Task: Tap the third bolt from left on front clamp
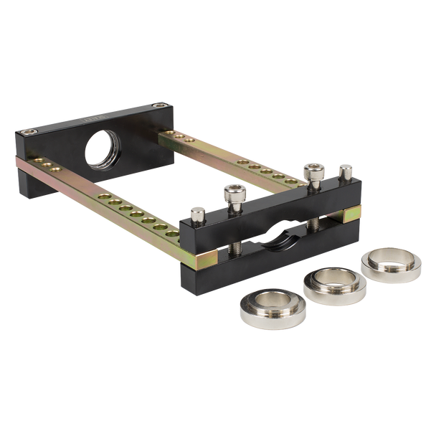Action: tap(312, 172)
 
